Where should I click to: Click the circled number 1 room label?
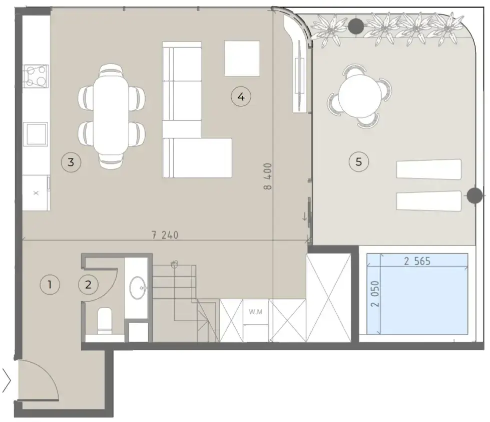pyautogui.click(x=50, y=284)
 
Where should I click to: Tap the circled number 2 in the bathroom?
pyautogui.click(x=89, y=284)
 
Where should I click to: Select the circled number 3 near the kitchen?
pyautogui.click(x=71, y=162)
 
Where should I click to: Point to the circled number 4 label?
pyautogui.click(x=241, y=96)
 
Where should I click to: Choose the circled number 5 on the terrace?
pyautogui.click(x=359, y=162)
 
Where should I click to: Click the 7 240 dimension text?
pyautogui.click(x=165, y=235)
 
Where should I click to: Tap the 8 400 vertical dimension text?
pyautogui.click(x=268, y=176)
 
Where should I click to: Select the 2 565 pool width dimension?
pyautogui.click(x=417, y=261)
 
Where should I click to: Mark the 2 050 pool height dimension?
pyautogui.click(x=375, y=294)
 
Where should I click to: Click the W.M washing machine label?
pyautogui.click(x=256, y=312)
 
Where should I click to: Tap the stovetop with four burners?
pyautogui.click(x=36, y=76)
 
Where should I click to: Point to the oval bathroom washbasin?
pyautogui.click(x=138, y=288)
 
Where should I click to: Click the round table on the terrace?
pyautogui.click(x=359, y=96)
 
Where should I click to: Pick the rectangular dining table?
pyautogui.click(x=111, y=115)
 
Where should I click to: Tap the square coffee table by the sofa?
pyautogui.click(x=242, y=58)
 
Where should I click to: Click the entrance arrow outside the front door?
pyautogui.click(x=7, y=380)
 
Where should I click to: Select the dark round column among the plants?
pyautogui.click(x=356, y=26)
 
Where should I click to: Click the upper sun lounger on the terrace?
pyautogui.click(x=429, y=169)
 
